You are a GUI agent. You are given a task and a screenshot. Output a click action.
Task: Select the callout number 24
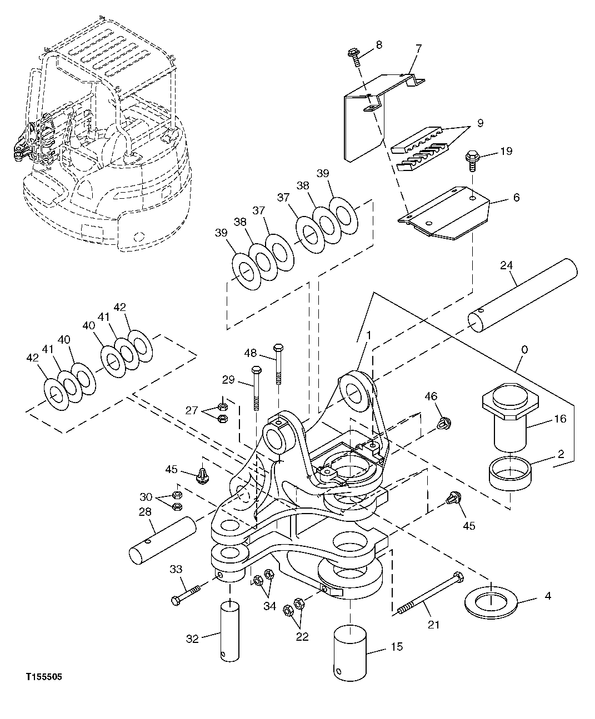pyautogui.click(x=506, y=265)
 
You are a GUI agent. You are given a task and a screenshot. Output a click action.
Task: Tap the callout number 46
pyautogui.click(x=431, y=396)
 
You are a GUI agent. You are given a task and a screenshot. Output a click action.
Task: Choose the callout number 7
pyautogui.click(x=418, y=48)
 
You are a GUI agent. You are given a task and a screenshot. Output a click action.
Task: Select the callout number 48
pyautogui.click(x=251, y=353)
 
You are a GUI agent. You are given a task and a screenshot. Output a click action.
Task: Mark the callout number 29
pyautogui.click(x=228, y=379)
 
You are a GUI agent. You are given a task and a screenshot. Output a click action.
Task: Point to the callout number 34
pyautogui.click(x=269, y=606)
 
